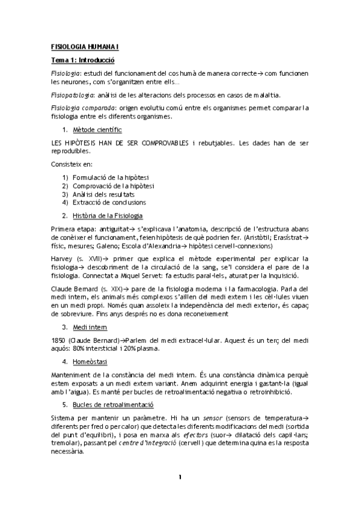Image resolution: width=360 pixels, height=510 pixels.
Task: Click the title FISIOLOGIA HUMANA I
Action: pos(85,46)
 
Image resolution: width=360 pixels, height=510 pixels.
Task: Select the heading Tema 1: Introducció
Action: pos(83,60)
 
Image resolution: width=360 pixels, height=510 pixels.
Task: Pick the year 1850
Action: pos(58,341)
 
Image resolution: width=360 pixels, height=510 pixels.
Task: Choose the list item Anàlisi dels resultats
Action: pos(103,194)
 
